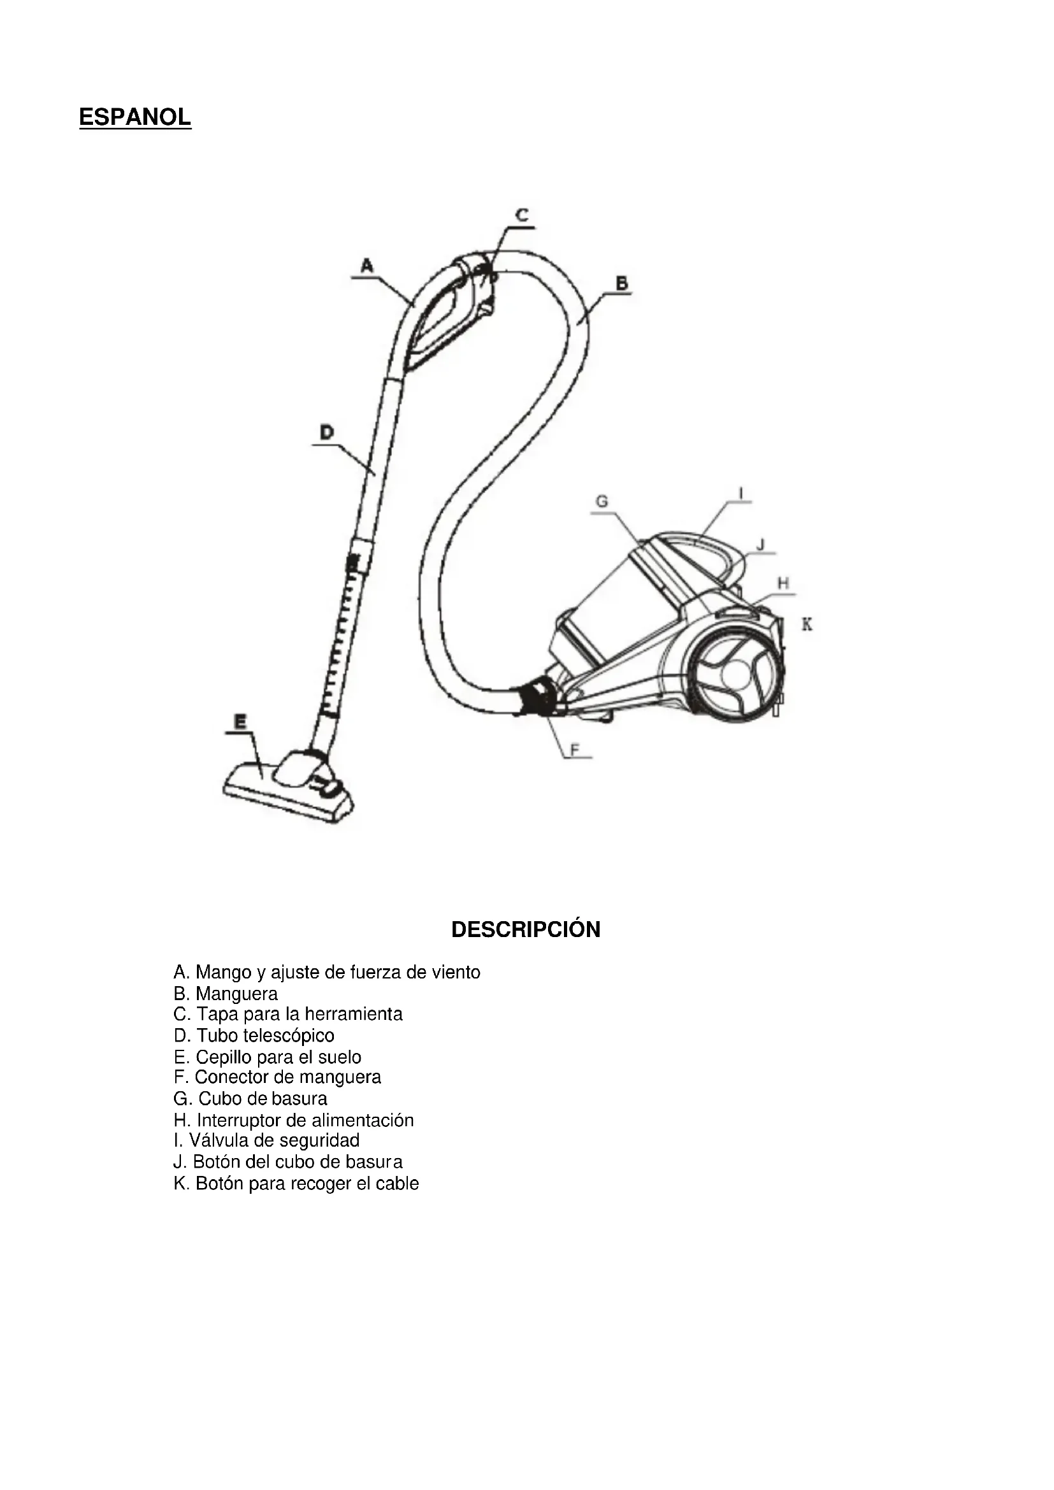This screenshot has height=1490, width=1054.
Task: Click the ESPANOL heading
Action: click(135, 117)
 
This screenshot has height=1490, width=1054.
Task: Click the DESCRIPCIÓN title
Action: click(526, 929)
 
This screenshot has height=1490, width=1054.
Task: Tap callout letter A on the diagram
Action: click(366, 266)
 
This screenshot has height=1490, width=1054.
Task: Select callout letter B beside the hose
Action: click(621, 283)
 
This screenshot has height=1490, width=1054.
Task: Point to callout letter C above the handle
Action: click(522, 215)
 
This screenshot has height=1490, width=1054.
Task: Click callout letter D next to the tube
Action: click(326, 431)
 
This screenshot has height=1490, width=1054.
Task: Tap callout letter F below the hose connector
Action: click(574, 750)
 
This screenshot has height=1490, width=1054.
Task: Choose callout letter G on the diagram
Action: click(602, 501)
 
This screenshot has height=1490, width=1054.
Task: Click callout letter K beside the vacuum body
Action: click(807, 624)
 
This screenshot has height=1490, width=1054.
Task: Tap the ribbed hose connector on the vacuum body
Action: click(536, 696)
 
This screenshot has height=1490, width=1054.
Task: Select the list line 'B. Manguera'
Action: click(225, 994)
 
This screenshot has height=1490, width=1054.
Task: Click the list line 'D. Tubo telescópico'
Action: click(254, 1035)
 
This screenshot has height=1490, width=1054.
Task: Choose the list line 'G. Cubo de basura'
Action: click(250, 1099)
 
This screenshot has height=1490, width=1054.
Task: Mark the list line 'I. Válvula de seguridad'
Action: click(266, 1140)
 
